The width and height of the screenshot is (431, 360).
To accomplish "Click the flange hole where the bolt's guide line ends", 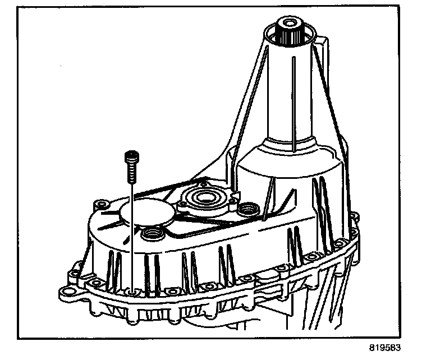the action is click(x=131, y=292).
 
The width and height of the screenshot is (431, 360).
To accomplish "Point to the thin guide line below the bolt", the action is click(x=130, y=236).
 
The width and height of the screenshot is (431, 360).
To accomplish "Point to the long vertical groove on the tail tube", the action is click(x=293, y=101).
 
